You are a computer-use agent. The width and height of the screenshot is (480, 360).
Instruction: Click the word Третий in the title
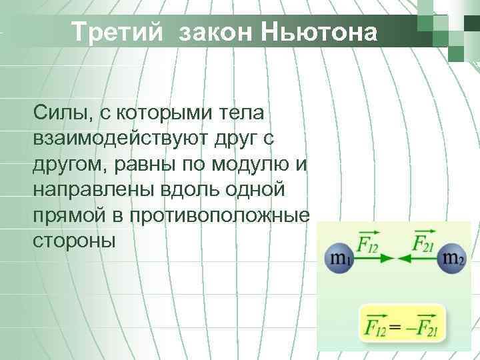click(x=116, y=31)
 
